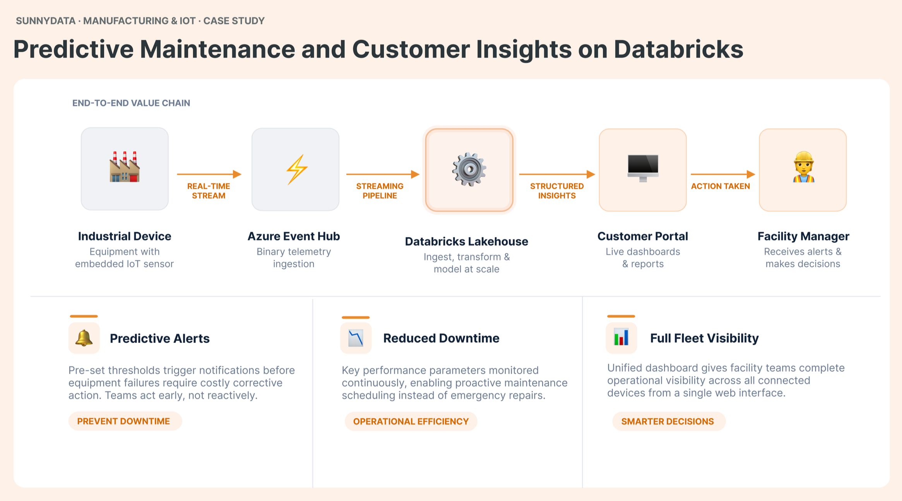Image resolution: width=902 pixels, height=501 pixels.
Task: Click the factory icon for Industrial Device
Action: coord(124,167)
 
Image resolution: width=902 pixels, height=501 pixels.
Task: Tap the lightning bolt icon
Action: coord(296,169)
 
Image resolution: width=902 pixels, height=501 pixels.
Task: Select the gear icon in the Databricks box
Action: coord(469,169)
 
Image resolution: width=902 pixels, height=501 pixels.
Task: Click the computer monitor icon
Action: coord(643,168)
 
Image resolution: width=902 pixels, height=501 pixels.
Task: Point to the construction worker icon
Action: coord(803,167)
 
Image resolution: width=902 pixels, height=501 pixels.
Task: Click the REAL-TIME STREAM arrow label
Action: coord(209,191)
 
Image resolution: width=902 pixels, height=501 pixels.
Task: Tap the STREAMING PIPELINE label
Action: coord(380,191)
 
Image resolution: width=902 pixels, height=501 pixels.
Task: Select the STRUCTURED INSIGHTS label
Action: coord(557,191)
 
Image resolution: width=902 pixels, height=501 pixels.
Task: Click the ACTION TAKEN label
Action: coord(720,186)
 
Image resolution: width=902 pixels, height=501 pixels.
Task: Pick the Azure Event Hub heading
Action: coord(294,236)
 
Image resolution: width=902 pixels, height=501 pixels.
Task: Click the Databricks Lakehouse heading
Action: coord(466,242)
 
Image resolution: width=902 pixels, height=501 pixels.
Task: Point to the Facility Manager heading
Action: coord(803,236)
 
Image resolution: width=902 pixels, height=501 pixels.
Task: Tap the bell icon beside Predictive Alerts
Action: coord(84,338)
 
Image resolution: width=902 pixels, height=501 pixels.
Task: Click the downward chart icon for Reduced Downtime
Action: coord(356,338)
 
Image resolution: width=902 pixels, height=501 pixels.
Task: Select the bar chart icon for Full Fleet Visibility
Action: coord(621,338)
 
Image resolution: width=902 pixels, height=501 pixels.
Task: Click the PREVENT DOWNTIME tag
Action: coord(123,421)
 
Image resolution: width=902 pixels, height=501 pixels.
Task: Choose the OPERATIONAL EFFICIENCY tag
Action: coord(411,421)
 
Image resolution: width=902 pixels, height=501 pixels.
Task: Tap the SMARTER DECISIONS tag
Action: coord(668,421)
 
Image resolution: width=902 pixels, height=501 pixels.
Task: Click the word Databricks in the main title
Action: coord(678,49)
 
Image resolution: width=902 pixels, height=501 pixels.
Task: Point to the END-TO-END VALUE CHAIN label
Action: coord(131,103)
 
